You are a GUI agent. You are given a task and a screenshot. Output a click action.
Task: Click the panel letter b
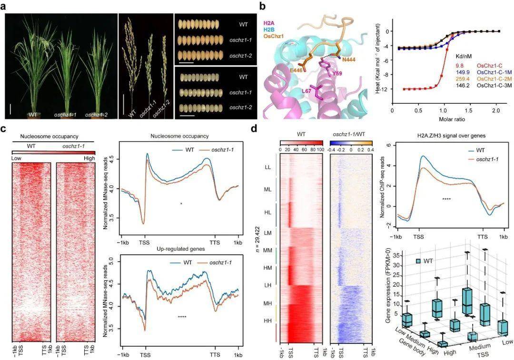click(x=262, y=6)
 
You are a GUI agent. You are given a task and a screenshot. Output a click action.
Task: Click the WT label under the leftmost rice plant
click(x=32, y=114)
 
